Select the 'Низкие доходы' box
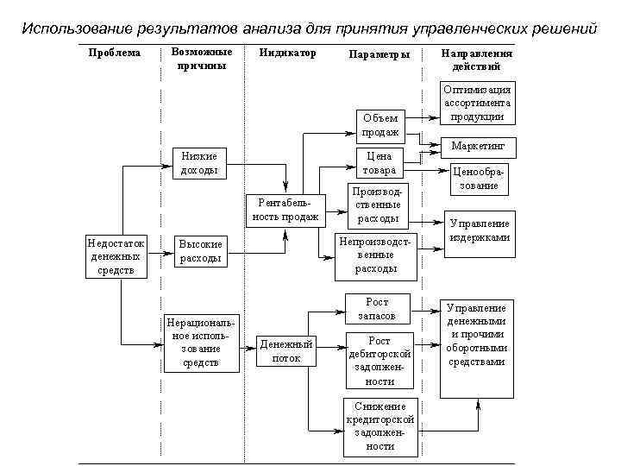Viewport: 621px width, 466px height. point(199,163)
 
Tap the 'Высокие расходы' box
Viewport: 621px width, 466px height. point(200,251)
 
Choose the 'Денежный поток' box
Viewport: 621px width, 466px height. point(285,351)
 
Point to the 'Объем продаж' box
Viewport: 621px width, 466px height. point(380,125)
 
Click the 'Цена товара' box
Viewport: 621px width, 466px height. point(379,163)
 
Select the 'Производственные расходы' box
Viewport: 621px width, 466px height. point(379,205)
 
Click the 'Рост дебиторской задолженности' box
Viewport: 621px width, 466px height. point(379,361)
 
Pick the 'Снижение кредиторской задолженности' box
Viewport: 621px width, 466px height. point(379,426)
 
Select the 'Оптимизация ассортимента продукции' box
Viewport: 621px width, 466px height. point(477,104)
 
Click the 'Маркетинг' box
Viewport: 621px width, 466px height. point(477,146)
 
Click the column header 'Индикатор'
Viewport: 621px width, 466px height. point(288,54)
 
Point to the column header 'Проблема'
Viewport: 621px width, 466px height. point(115,54)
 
